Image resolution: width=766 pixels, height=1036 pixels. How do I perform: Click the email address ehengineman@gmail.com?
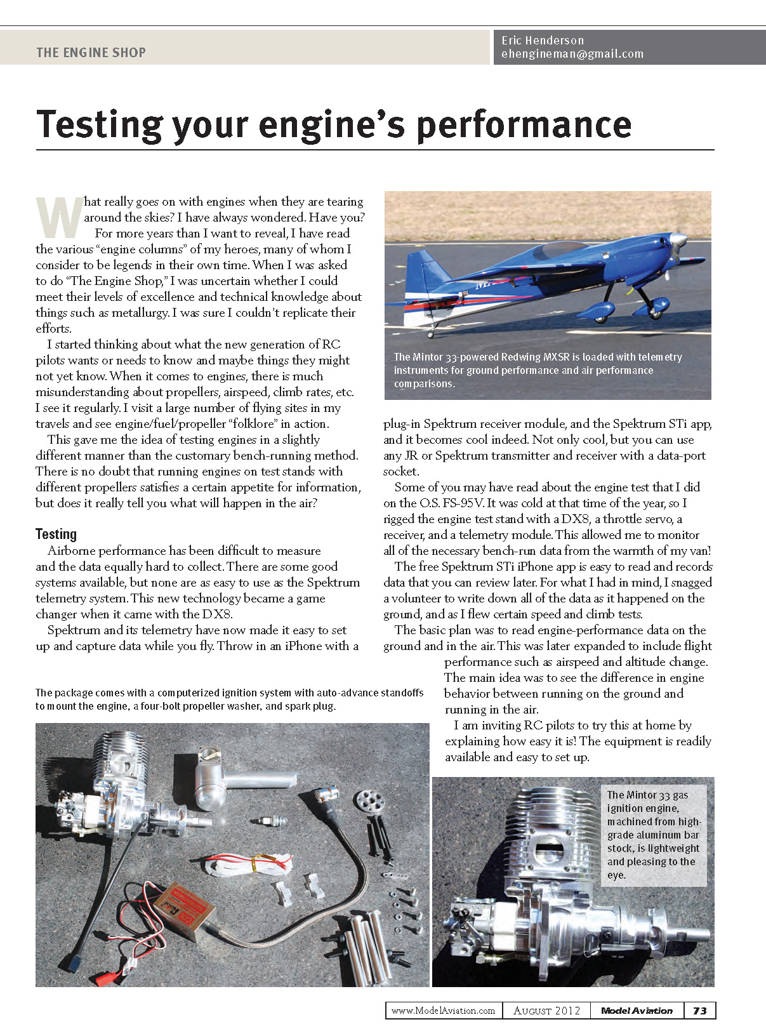pos(572,55)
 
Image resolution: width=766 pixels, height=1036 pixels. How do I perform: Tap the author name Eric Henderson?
pos(543,40)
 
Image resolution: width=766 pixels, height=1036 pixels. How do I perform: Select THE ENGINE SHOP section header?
pos(91,53)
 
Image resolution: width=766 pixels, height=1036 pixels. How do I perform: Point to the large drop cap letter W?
pos(59,217)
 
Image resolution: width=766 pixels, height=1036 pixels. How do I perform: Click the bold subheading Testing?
pos(56,534)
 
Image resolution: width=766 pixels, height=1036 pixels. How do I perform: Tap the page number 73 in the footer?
pos(699,1011)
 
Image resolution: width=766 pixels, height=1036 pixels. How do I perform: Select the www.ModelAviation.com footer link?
pos(443,1011)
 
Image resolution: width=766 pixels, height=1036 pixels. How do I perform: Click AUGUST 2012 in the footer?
pos(546,1011)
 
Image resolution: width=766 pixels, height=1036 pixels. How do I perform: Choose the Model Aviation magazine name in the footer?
pos(637,1011)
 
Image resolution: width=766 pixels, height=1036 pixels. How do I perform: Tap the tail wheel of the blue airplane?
pos(433,332)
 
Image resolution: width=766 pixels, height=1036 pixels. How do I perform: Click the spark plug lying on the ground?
pos(269,820)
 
